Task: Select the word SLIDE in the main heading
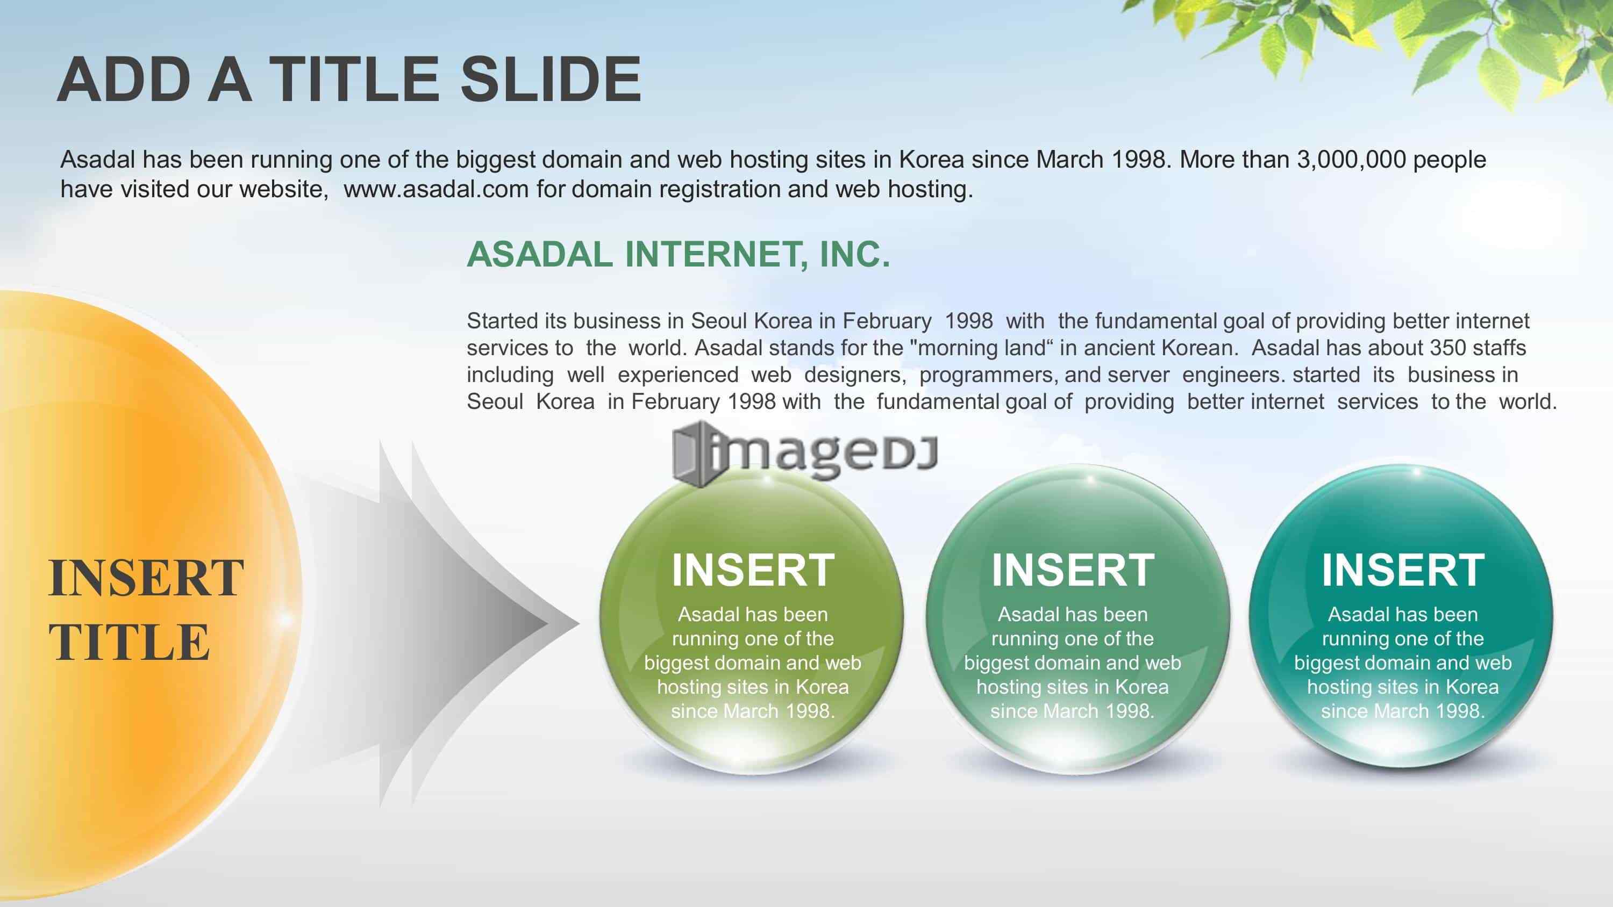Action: pos(551,80)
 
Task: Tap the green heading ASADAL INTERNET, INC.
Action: pos(678,255)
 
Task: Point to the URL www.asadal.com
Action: pos(437,189)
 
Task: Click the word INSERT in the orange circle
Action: pos(146,578)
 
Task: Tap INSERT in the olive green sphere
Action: pos(753,570)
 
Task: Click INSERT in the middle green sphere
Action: pos(1073,570)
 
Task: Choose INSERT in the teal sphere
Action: pos(1403,570)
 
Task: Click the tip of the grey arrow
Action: pos(579,623)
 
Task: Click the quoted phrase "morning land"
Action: pos(984,348)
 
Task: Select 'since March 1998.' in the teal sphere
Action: pos(1403,711)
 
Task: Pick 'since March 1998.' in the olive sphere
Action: pos(753,711)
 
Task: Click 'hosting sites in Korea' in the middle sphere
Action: pos(1073,687)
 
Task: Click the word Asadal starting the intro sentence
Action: pos(98,160)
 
